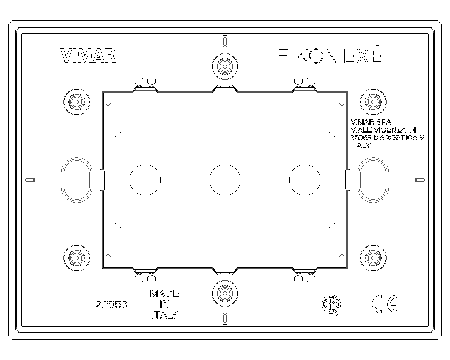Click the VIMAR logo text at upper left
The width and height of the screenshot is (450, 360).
point(88,56)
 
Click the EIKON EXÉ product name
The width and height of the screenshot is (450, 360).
point(329,56)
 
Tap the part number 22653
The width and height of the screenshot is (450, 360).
point(111,305)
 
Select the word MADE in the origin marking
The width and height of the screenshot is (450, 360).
point(165,294)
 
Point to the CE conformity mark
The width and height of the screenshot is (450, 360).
point(384,304)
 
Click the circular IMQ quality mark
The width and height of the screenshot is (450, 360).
point(332,304)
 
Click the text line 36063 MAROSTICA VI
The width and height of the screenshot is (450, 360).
point(388,138)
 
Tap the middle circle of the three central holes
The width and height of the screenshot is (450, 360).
point(225,180)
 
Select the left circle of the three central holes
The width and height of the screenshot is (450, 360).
point(145,180)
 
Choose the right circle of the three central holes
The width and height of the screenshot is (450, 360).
point(305,180)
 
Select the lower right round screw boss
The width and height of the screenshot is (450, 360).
point(373,258)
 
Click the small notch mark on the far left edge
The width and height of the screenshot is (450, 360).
point(30,180)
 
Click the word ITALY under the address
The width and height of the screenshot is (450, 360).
point(361,146)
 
